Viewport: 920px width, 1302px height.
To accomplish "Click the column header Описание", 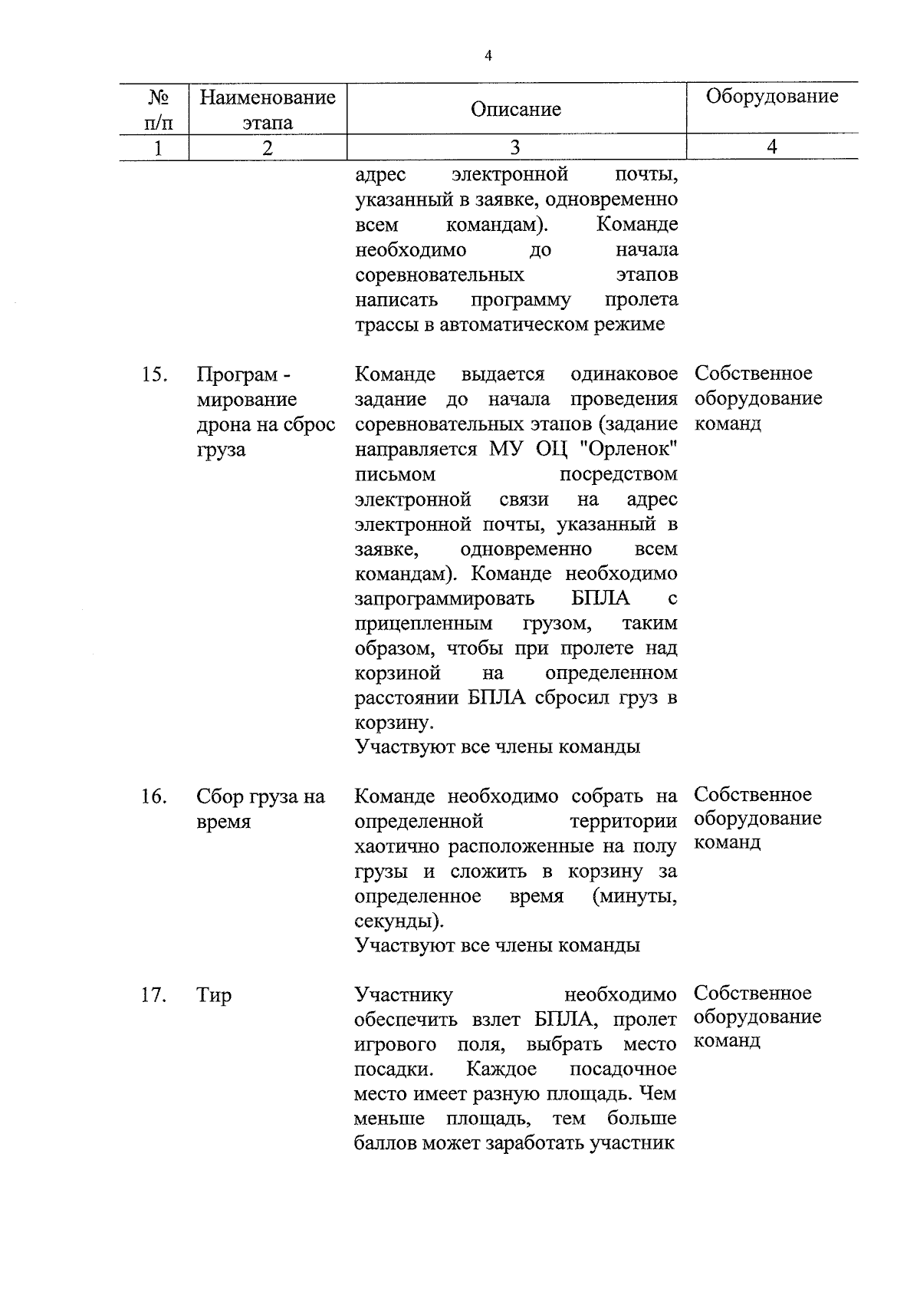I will point(515,110).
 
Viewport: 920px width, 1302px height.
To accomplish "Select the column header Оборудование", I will point(771,97).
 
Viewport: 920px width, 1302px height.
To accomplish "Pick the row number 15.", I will point(154,374).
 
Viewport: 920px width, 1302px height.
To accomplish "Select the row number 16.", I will point(154,797).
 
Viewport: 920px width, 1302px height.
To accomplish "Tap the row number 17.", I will point(154,995).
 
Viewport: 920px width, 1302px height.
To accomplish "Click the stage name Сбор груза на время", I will point(260,809).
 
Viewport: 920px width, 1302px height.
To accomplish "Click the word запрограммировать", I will point(443,598).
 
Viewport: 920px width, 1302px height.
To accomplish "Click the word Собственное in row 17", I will point(752,993).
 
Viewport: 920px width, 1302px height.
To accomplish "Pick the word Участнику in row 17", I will point(403,995).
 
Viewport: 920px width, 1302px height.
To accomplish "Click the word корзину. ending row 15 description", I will point(394,723).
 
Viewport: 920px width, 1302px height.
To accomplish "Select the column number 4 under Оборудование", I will point(771,147).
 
